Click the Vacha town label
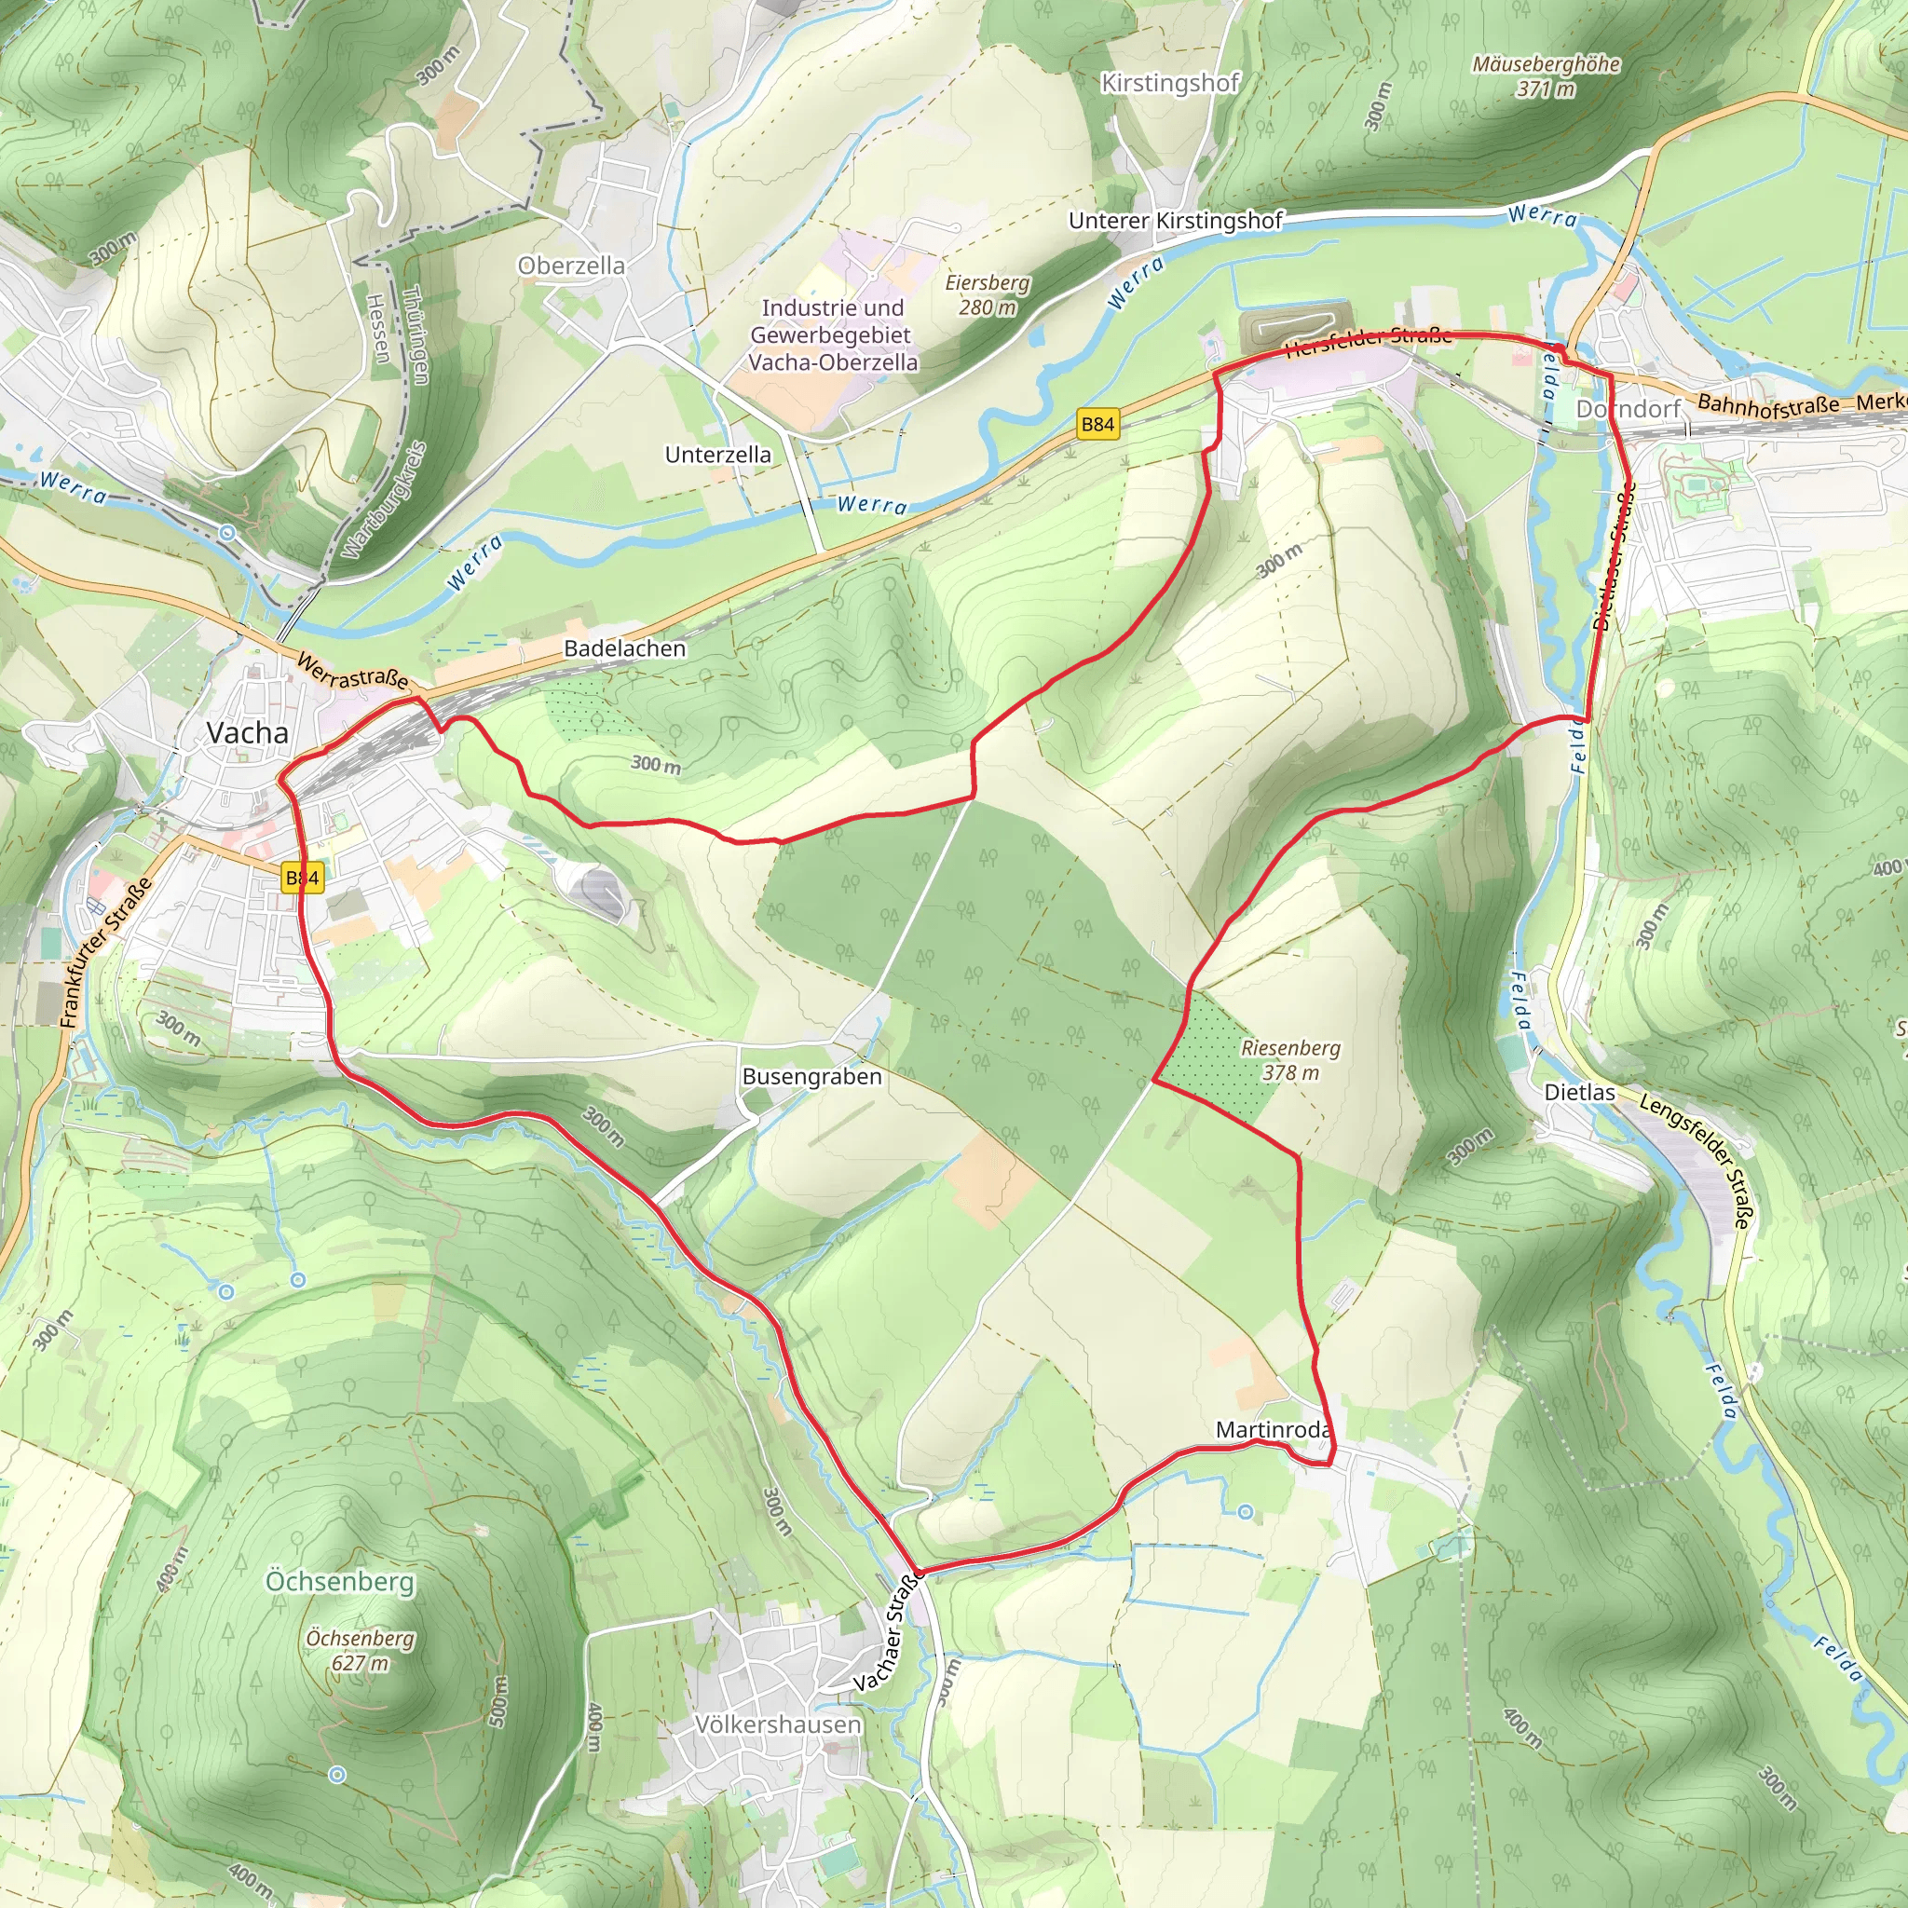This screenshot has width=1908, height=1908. point(247,733)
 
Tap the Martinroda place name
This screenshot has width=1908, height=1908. point(1273,1429)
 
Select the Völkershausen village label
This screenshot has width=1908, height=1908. point(778,1724)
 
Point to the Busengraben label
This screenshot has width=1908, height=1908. point(811,1076)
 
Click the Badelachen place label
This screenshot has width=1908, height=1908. point(624,647)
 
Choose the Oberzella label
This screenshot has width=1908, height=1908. point(571,266)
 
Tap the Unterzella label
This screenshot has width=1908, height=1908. point(718,455)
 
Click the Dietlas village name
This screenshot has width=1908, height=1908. point(1579,1092)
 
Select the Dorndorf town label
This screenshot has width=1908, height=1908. point(1628,409)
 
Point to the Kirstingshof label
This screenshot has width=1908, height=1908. point(1170,83)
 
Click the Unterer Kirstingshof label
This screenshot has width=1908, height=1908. point(1175,220)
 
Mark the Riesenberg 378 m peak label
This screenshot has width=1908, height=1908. point(1290,1059)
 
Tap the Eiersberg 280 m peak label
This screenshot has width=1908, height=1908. point(988,294)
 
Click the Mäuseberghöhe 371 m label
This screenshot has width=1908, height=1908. point(1546,76)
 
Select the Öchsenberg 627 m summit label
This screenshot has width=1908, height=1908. point(360,1650)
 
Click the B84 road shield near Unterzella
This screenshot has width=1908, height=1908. point(1097,425)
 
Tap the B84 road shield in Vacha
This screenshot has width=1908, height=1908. point(302,878)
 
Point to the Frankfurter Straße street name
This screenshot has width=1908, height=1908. point(105,953)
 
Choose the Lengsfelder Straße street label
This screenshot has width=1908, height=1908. point(1696,1161)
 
